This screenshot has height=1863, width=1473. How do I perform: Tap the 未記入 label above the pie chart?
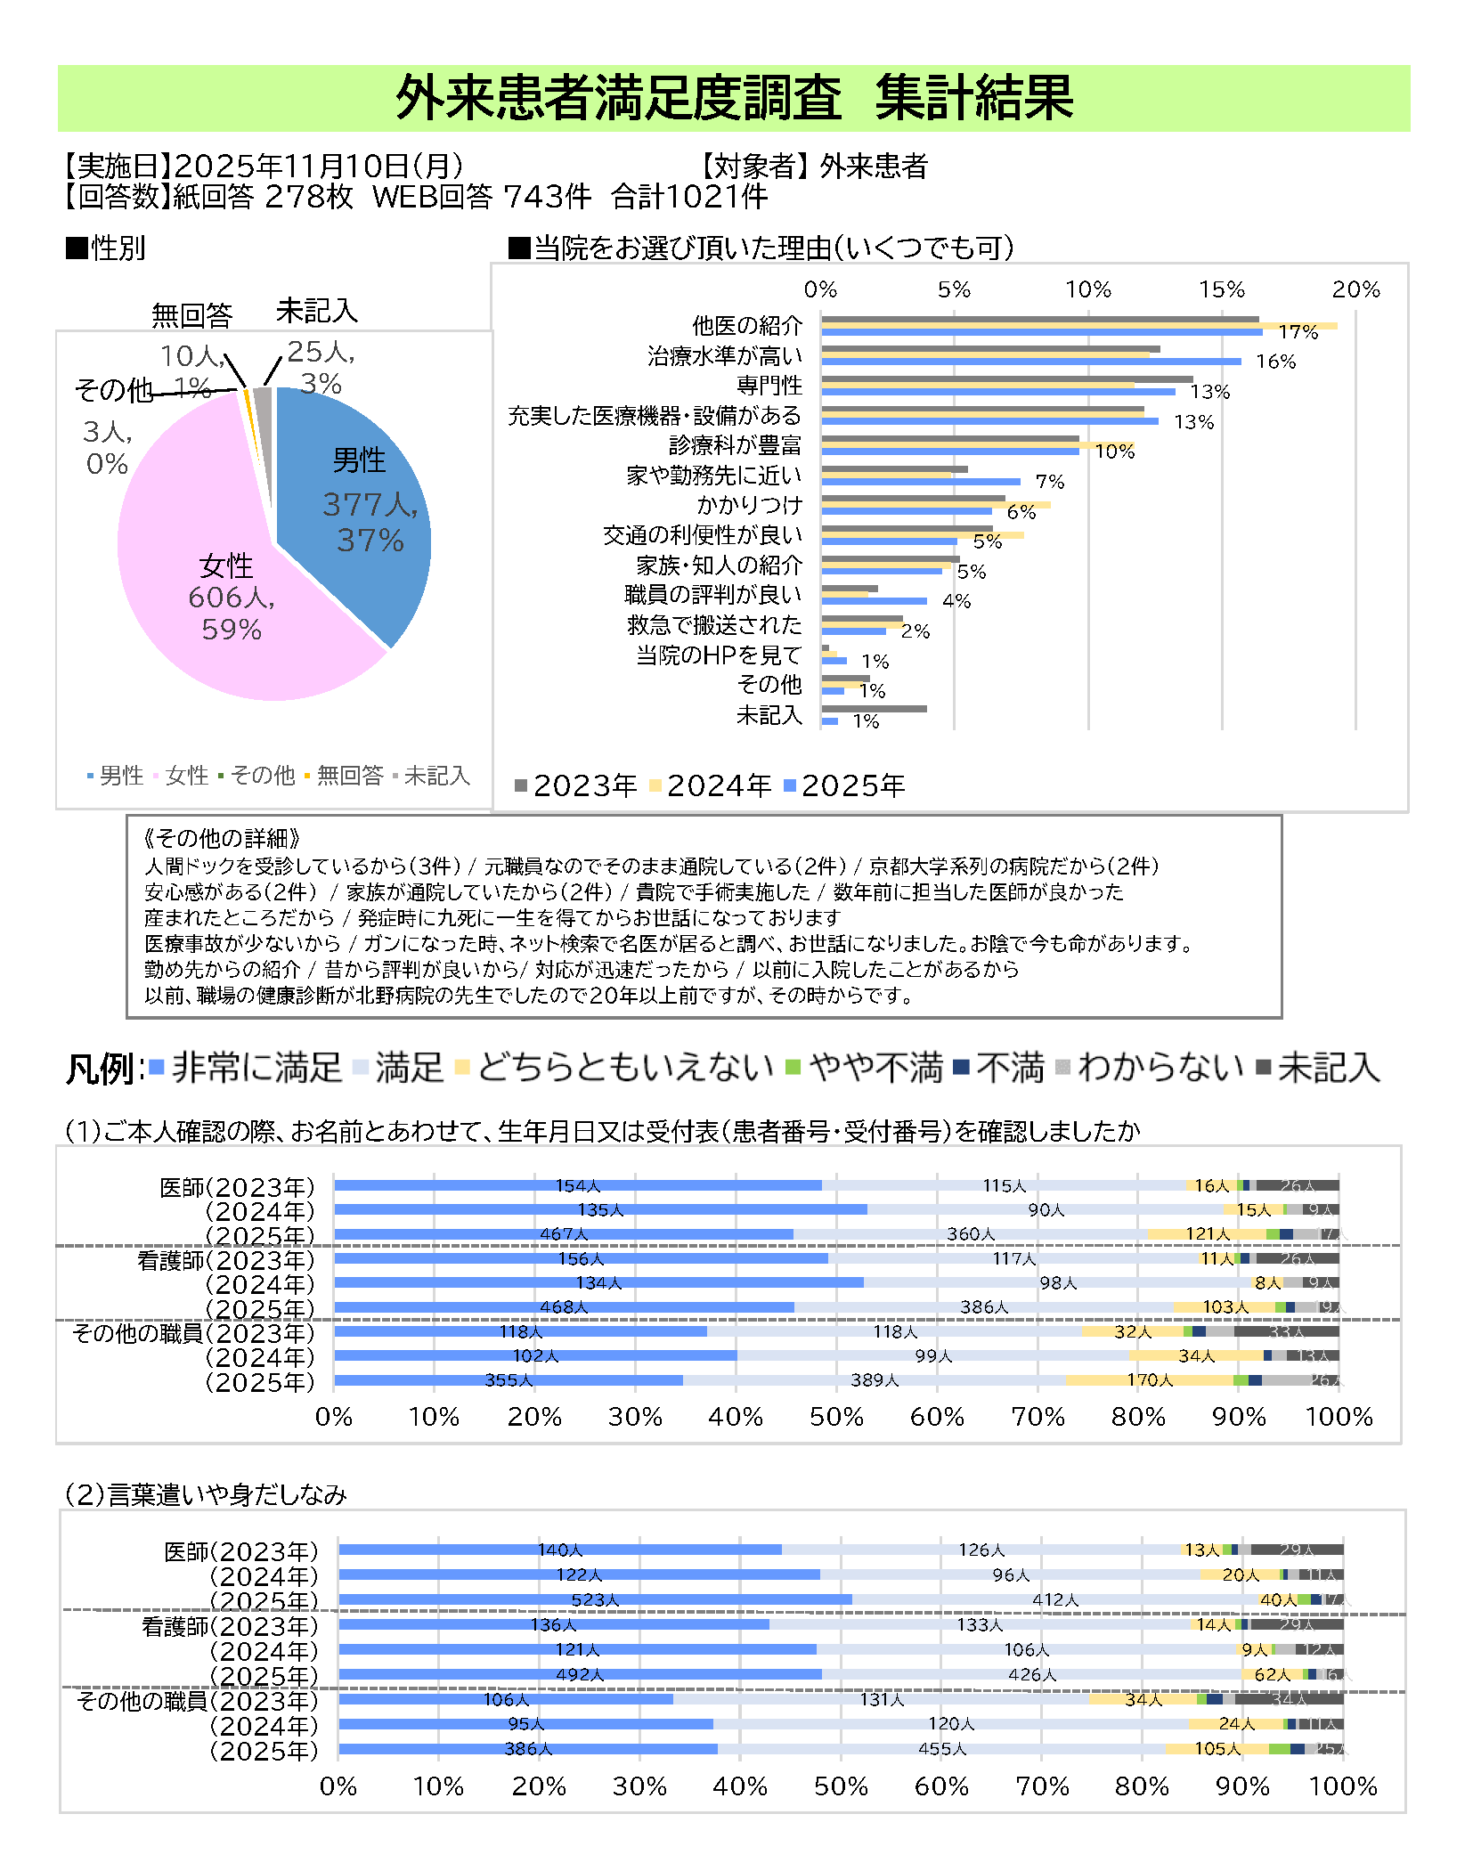(x=317, y=311)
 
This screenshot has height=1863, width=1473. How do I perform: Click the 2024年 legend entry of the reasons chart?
(x=712, y=785)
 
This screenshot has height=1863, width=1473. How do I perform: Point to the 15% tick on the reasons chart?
(x=1222, y=289)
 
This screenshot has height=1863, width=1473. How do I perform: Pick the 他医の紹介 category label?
(x=747, y=326)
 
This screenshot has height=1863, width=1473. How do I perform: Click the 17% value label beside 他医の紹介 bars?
(x=1298, y=332)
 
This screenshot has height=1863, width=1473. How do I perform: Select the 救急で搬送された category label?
(x=714, y=625)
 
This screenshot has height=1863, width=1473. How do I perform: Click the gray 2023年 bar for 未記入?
(x=874, y=709)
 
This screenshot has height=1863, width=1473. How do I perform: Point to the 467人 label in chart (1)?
(x=564, y=1234)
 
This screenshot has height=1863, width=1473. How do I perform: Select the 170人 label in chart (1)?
(x=1150, y=1380)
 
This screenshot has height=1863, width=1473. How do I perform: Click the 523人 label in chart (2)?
(x=595, y=1600)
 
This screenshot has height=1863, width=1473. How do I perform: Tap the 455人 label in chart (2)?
(x=942, y=1749)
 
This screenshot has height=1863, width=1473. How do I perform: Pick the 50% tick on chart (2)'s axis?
(x=840, y=1786)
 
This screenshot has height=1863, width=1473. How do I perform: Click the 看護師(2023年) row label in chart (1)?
(x=226, y=1260)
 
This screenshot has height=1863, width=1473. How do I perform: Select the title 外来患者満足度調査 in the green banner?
(x=618, y=98)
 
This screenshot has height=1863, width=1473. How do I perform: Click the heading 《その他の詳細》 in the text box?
(x=223, y=838)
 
